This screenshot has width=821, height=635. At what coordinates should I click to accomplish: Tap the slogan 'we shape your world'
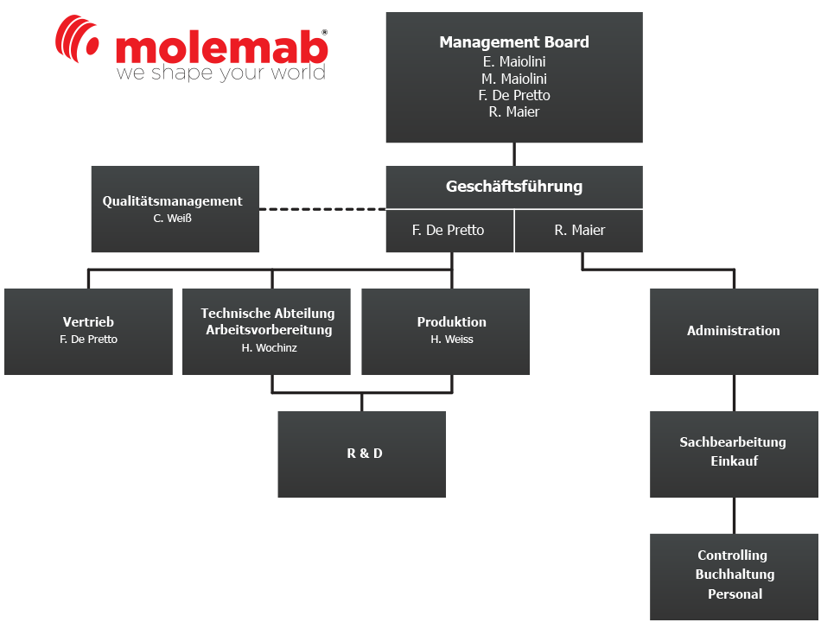[x=220, y=73]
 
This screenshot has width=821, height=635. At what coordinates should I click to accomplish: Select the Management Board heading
[x=514, y=41]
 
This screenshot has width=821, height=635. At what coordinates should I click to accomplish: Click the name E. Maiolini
[x=514, y=61]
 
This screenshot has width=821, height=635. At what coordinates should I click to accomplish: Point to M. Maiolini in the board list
[x=514, y=79]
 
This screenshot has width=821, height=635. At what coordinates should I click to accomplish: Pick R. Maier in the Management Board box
[x=514, y=111]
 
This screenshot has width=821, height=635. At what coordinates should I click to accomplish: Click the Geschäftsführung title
[x=514, y=187]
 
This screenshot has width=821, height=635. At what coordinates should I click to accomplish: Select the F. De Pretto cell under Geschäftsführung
[x=449, y=231]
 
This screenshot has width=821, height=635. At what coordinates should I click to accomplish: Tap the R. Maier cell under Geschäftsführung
[x=579, y=231]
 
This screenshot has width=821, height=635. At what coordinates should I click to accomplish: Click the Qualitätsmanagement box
[x=175, y=209]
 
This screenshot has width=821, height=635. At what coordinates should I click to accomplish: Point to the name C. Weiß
[x=173, y=219]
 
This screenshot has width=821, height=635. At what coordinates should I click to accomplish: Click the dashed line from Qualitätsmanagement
[x=322, y=209]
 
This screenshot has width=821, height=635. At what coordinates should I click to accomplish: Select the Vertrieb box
[x=88, y=331]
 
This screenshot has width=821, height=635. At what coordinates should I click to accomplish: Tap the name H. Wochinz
[x=269, y=348]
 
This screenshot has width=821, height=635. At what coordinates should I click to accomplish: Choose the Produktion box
[x=446, y=331]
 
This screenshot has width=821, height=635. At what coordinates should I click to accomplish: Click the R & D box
[x=362, y=454]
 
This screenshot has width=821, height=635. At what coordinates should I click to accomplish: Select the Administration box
[x=734, y=331]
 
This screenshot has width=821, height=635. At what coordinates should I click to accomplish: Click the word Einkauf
[x=734, y=461]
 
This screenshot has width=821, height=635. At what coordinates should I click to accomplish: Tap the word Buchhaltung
[x=735, y=575]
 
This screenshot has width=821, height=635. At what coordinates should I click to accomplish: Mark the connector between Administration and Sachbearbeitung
[x=735, y=393]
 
